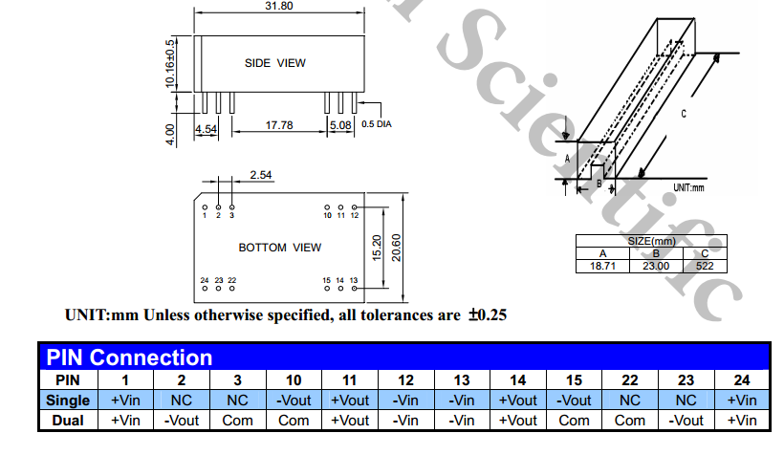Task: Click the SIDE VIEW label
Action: (275, 63)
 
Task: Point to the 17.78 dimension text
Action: (279, 125)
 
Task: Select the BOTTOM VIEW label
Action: (280, 248)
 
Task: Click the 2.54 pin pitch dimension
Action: (261, 175)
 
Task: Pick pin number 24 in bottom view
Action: (205, 280)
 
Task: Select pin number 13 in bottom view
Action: (354, 280)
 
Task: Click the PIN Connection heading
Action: (130, 358)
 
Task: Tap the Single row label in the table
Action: (68, 401)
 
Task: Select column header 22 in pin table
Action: (629, 380)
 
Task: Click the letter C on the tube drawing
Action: (684, 114)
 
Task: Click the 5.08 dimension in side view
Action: (340, 125)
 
